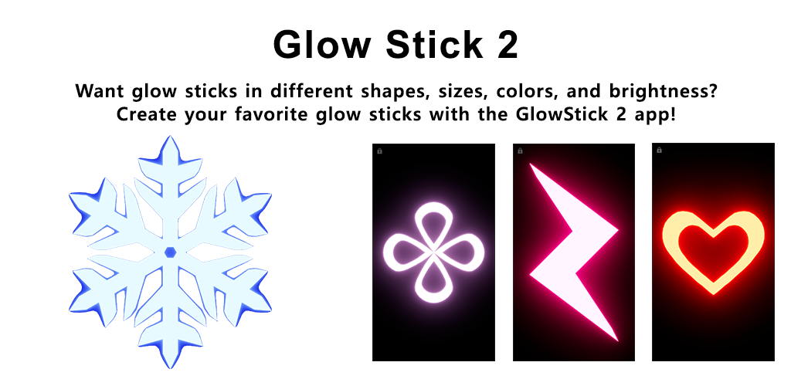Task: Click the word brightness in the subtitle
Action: point(663,92)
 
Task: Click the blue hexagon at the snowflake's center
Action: point(170,252)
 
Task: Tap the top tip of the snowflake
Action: point(170,136)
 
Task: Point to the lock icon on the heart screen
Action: point(660,151)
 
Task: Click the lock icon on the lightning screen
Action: point(520,151)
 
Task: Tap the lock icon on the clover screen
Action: point(380,151)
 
